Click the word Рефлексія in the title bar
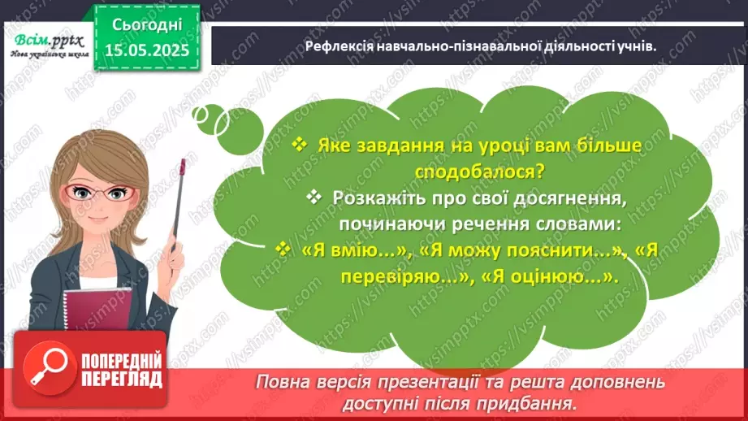pos(339,46)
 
